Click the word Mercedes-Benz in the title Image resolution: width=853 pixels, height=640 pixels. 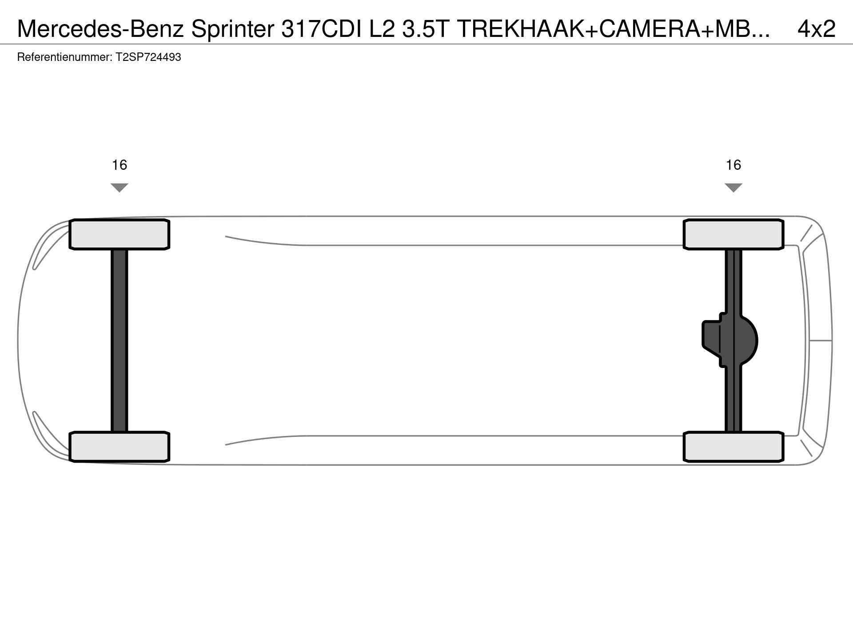pyautogui.click(x=101, y=29)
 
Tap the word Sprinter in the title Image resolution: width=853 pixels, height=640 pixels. pyautogui.click(x=233, y=29)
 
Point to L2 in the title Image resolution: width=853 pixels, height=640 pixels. pyautogui.click(x=383, y=29)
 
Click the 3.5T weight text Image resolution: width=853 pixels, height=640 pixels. pyautogui.click(x=426, y=29)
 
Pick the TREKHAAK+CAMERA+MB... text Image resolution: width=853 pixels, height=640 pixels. pyautogui.click(x=614, y=29)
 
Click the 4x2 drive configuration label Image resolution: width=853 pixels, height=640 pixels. pyautogui.click(x=817, y=29)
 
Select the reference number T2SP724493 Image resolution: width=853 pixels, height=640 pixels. pyautogui.click(x=148, y=57)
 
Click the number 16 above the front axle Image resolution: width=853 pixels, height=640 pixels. pyautogui.click(x=120, y=165)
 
